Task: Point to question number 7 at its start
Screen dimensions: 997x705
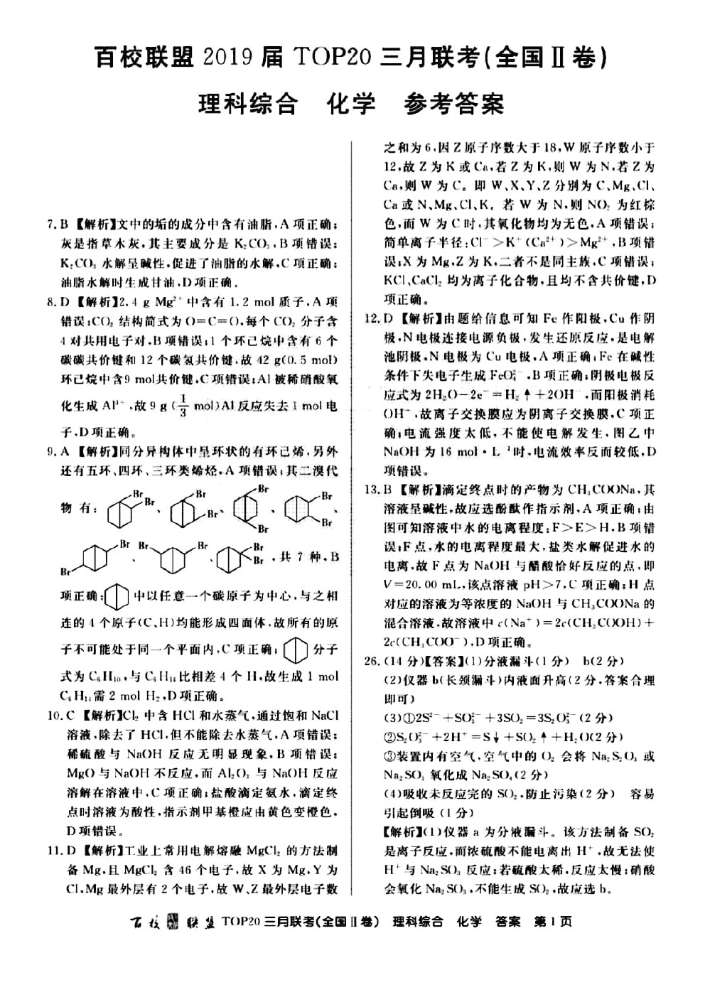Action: click(x=50, y=225)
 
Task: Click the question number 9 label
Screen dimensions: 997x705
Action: click(x=50, y=451)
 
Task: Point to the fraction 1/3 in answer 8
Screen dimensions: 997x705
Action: click(x=165, y=406)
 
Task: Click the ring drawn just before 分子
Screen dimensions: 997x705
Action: click(x=294, y=650)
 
